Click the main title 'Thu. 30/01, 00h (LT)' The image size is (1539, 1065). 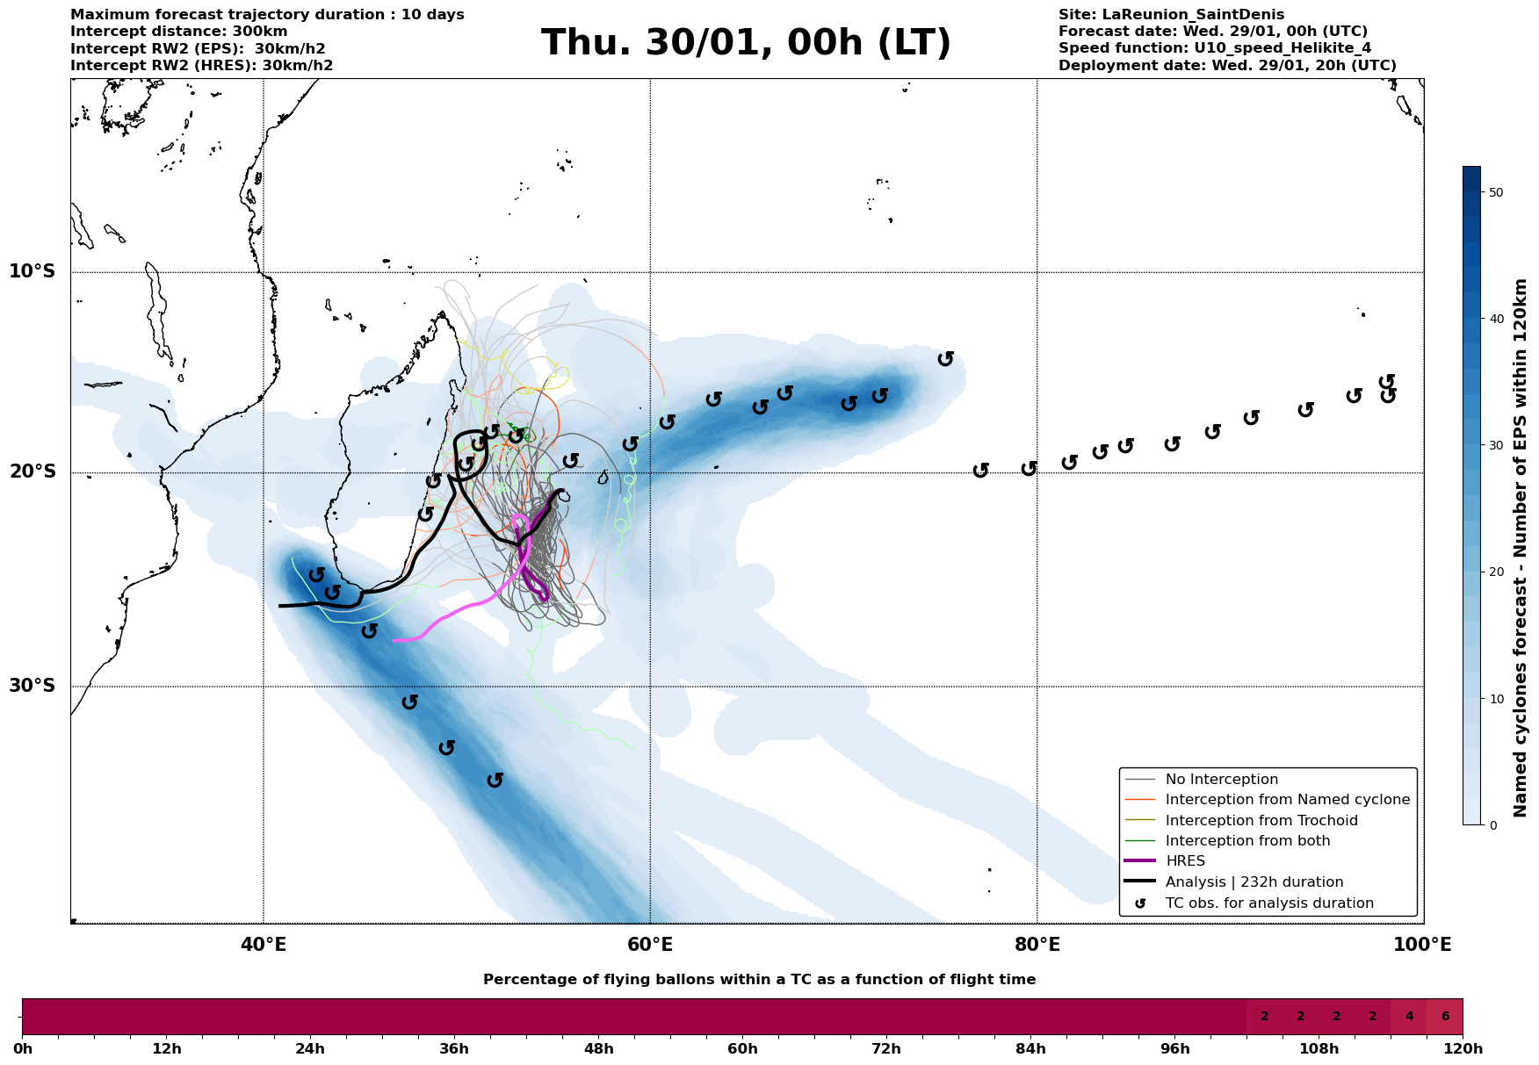[x=746, y=43]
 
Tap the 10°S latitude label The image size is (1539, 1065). [x=32, y=271]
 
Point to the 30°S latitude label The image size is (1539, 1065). [x=32, y=686]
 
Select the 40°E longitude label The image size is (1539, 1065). [x=264, y=945]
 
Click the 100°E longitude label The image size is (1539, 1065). [x=1423, y=945]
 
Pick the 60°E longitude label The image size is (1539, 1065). [x=650, y=945]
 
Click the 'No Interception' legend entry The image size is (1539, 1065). [x=1221, y=780]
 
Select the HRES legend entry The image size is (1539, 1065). [x=1185, y=861]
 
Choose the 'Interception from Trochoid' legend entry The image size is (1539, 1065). [x=1261, y=821]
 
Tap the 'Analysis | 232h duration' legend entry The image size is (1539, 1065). [x=1254, y=882]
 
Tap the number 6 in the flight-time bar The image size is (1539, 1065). [x=1445, y=1017]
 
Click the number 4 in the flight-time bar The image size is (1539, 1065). [x=1409, y=1017]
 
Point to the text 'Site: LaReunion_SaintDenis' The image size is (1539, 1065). [x=1171, y=15]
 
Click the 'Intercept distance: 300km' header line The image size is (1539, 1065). [x=178, y=32]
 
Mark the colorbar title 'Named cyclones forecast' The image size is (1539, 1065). [x=1521, y=548]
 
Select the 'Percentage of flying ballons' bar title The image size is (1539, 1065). [x=759, y=980]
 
